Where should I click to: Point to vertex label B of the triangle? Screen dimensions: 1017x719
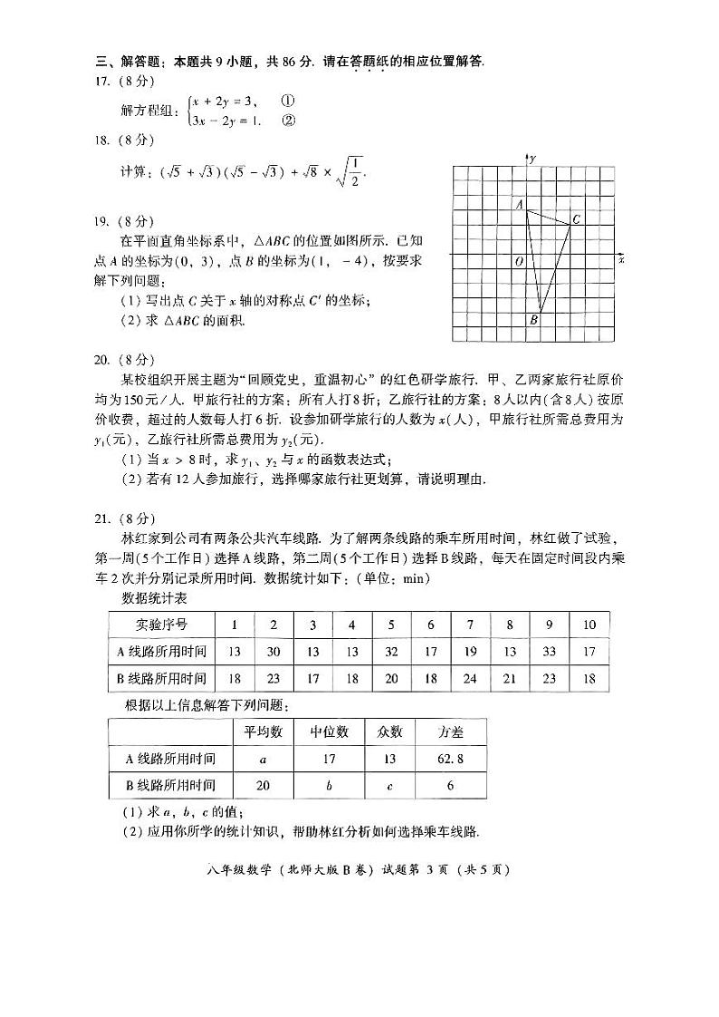(533, 320)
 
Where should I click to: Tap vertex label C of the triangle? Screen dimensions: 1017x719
(576, 219)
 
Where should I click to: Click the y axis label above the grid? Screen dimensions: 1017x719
(534, 159)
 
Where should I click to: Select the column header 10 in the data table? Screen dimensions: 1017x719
(590, 625)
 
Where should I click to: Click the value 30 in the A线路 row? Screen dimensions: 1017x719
(273, 651)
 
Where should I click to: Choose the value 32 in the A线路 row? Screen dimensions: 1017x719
(391, 651)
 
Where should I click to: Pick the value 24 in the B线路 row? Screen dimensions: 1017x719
(470, 678)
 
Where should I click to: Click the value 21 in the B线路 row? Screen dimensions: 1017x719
(510, 678)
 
